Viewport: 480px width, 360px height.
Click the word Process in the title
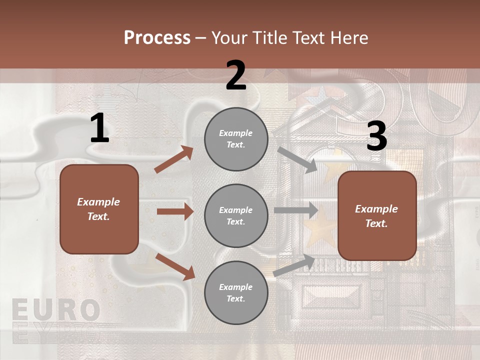pos(157,37)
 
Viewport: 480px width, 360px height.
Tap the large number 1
pos(99,128)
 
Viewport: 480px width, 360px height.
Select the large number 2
pos(236,75)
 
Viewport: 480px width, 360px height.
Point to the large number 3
pos(377,136)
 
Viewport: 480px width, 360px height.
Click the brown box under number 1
pos(99,209)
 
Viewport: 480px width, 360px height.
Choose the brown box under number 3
pos(377,215)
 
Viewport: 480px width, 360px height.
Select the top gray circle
pos(236,139)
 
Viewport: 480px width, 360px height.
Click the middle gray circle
pos(236,215)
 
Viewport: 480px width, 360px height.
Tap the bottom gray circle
pos(236,292)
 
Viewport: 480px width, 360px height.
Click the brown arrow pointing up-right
pos(174,159)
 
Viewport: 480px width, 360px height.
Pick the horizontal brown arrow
pos(175,211)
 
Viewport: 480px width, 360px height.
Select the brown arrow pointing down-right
pos(175,266)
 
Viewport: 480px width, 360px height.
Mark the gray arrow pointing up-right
pos(294,265)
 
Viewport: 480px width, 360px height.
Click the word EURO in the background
pos(55,310)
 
